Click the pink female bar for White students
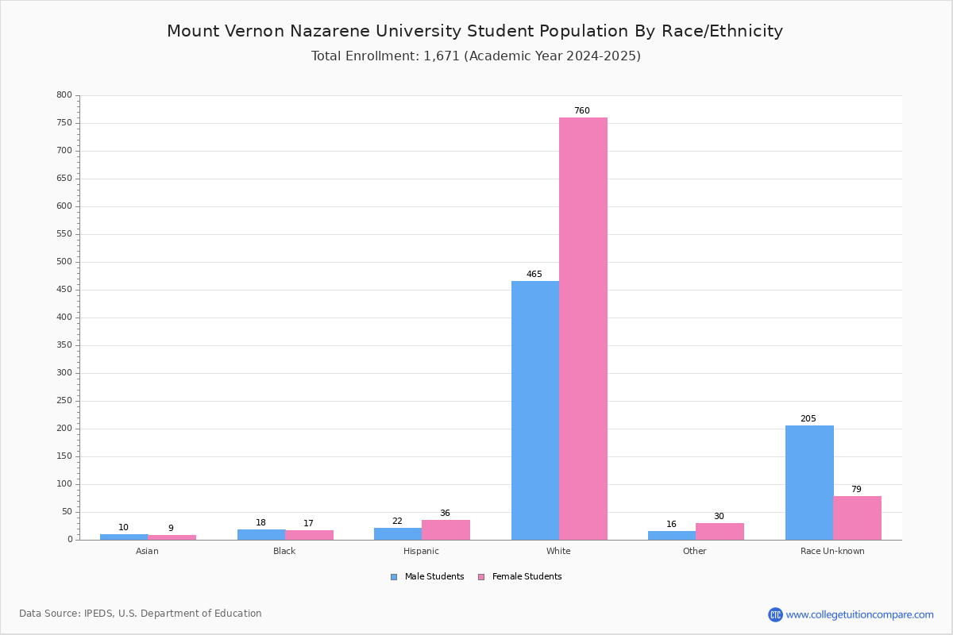click(x=583, y=329)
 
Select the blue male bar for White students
click(x=535, y=410)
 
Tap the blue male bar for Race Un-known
click(x=809, y=483)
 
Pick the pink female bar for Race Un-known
click(x=857, y=518)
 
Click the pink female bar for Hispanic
click(x=446, y=530)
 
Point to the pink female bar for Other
click(x=720, y=532)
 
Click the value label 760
click(x=582, y=110)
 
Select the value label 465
click(x=534, y=274)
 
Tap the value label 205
click(x=808, y=418)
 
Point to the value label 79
click(x=856, y=489)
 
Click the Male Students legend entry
click(x=427, y=577)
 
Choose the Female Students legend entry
click(x=520, y=577)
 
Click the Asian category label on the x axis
click(x=147, y=551)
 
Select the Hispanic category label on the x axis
click(x=421, y=551)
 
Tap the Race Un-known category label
click(x=832, y=551)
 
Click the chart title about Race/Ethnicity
click(x=475, y=31)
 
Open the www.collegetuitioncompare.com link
click(x=860, y=614)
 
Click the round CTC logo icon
click(x=775, y=614)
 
